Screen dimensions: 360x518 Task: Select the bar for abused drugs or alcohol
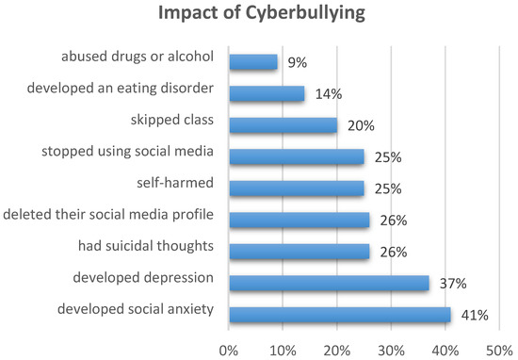(x=252, y=62)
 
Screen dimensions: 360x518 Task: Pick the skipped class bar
(x=283, y=125)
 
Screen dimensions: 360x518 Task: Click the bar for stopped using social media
(x=296, y=156)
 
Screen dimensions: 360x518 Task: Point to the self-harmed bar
(x=296, y=188)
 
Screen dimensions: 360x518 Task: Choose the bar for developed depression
(x=329, y=283)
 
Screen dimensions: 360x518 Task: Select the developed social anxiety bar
(x=339, y=314)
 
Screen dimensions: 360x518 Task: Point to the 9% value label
(x=295, y=63)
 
